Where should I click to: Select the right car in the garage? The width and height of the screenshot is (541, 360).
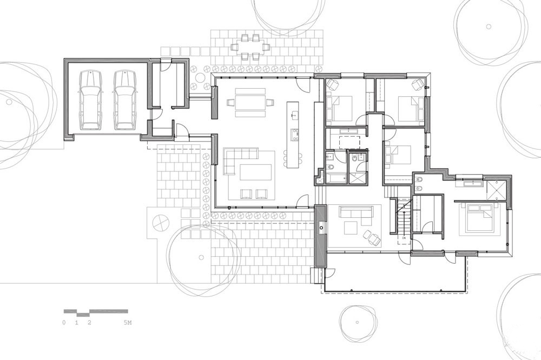124,100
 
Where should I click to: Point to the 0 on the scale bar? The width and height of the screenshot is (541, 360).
64,323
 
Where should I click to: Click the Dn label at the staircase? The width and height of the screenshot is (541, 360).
404,237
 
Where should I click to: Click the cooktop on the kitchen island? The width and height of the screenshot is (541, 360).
296,134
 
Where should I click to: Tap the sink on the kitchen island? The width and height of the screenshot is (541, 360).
295,115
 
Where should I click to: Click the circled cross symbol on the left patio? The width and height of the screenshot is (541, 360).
161,222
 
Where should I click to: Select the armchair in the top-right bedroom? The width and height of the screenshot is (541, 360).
417,84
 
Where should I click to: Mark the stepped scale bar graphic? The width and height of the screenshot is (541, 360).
95,312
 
